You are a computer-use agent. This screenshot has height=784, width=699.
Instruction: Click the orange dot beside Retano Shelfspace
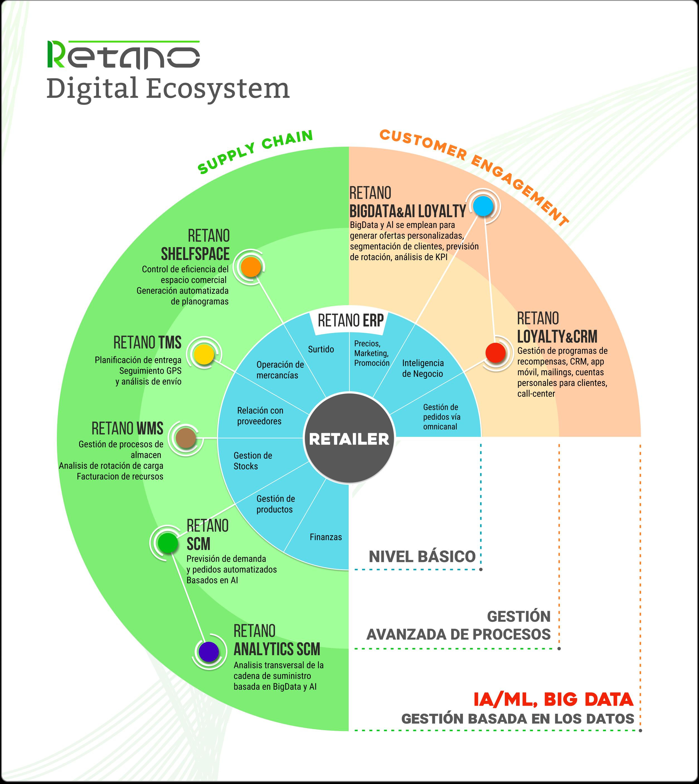(x=251, y=267)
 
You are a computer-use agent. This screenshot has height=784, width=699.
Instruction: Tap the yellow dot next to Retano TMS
(x=203, y=354)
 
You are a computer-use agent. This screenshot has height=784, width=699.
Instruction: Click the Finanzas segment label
(x=326, y=537)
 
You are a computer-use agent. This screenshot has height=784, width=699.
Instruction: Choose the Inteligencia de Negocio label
(x=423, y=368)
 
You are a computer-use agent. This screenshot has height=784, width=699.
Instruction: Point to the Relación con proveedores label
(x=260, y=416)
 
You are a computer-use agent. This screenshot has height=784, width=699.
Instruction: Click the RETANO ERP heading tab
(x=351, y=320)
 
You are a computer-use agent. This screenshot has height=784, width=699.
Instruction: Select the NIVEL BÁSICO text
(x=422, y=556)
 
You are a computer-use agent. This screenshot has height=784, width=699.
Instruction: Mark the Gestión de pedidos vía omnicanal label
(x=441, y=417)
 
